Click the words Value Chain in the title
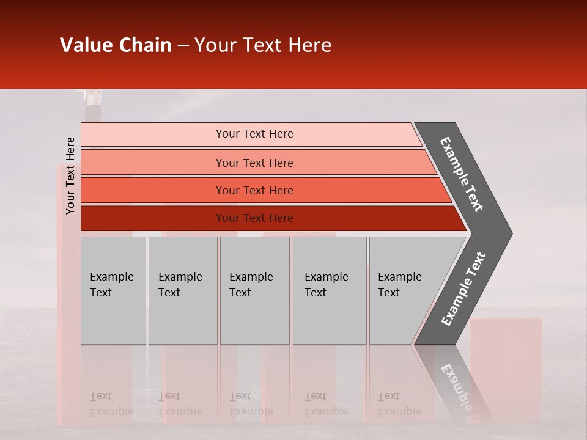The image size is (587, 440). (x=116, y=45)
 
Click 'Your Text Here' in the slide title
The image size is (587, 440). (x=262, y=45)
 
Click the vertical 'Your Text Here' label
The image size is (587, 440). (x=71, y=175)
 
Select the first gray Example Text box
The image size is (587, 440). (x=113, y=290)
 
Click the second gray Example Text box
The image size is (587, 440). (x=182, y=290)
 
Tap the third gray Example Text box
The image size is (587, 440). (x=254, y=290)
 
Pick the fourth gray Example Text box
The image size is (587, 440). (x=329, y=290)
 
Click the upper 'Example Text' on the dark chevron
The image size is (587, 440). (x=462, y=174)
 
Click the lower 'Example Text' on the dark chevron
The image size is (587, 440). (x=463, y=289)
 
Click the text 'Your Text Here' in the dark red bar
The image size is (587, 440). (x=254, y=218)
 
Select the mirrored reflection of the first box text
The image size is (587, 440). (x=111, y=404)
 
